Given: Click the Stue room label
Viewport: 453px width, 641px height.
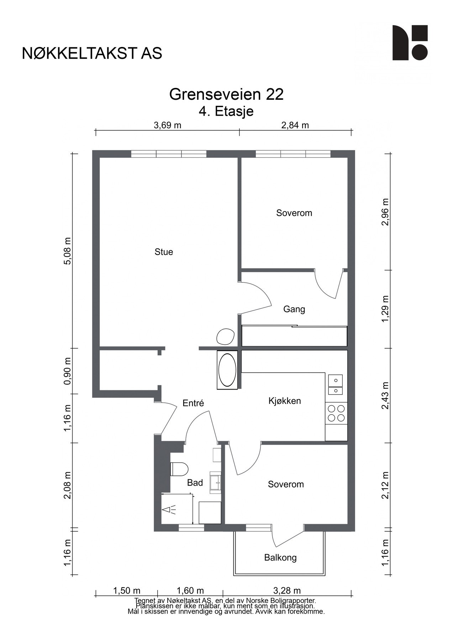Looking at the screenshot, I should (x=164, y=252).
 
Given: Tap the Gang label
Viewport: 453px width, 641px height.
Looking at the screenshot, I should (x=294, y=309).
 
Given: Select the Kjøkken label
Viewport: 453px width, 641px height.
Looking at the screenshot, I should (x=285, y=401).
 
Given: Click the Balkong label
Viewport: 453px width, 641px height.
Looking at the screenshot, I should (x=280, y=557).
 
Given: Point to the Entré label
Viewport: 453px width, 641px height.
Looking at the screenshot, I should (x=193, y=403).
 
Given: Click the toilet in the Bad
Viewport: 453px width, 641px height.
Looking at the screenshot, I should (x=179, y=469).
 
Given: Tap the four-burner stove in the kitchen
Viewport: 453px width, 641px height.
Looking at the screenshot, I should (x=336, y=413).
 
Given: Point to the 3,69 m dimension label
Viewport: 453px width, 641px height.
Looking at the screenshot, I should (x=167, y=125).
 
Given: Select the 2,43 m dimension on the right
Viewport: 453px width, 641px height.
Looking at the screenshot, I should (x=385, y=396).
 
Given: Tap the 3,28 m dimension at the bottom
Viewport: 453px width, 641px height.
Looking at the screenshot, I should (x=287, y=591).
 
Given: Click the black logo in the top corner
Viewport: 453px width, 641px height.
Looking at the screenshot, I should (x=410, y=43).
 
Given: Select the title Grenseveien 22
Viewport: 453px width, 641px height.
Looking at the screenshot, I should (x=226, y=95).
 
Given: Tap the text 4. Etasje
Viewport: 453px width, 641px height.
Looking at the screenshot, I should (x=226, y=111).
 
